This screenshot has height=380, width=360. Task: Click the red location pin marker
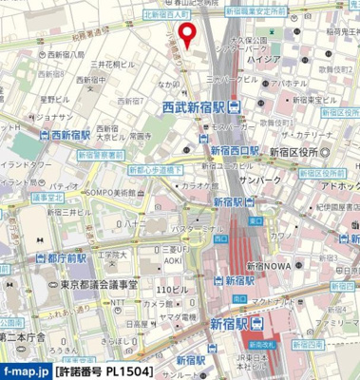[187, 34]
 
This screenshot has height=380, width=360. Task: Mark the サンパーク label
[258, 180]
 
